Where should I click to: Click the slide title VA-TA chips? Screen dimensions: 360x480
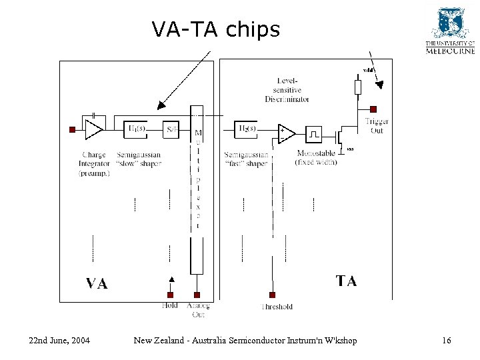click(x=215, y=29)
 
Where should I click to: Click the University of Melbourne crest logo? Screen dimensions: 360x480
click(x=449, y=24)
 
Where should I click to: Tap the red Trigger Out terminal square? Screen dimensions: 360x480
click(x=373, y=109)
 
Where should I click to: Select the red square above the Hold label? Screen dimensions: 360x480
click(x=170, y=295)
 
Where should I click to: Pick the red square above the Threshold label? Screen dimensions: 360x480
click(x=272, y=295)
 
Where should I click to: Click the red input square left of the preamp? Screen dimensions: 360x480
click(x=72, y=129)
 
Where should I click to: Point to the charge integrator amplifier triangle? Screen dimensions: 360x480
click(x=94, y=129)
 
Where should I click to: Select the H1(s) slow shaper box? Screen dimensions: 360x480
click(x=137, y=128)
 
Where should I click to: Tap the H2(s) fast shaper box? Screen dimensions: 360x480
click(x=247, y=128)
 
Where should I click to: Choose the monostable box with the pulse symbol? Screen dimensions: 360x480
click(x=313, y=135)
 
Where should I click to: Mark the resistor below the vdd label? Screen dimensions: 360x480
click(x=357, y=87)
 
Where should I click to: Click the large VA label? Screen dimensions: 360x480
click(x=97, y=284)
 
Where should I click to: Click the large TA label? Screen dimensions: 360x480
click(x=346, y=281)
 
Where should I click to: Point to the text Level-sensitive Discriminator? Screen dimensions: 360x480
click(x=287, y=90)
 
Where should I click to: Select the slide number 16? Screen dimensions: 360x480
click(x=446, y=341)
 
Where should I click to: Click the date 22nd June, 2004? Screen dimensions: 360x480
click(x=59, y=341)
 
